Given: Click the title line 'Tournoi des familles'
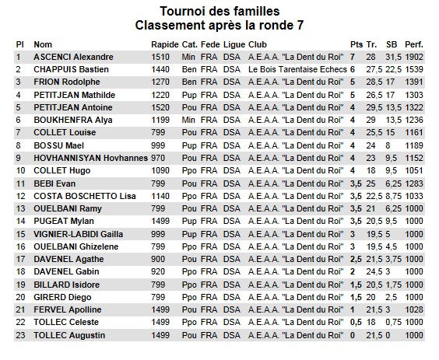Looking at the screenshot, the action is point(219,12).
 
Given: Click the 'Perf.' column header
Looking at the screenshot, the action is point(415,44).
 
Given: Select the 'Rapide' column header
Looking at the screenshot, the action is point(164,44).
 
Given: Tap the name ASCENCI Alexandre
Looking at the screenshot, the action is point(73,57).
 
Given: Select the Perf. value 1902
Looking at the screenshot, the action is point(415,57).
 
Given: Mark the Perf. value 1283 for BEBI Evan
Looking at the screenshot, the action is point(415,183).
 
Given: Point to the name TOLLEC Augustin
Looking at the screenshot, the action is point(70,335).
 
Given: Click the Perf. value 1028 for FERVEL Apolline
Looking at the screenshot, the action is point(415,309).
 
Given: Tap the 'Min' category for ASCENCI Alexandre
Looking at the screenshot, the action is point(188,57).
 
